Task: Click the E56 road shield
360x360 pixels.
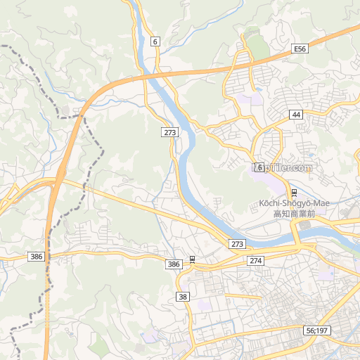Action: pyautogui.click(x=300, y=49)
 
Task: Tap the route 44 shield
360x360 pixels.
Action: pyautogui.click(x=296, y=114)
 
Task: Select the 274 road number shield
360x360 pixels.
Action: pyautogui.click(x=255, y=260)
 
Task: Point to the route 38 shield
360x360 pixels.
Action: pyautogui.click(x=184, y=297)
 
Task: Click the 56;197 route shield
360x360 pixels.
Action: pyautogui.click(x=317, y=330)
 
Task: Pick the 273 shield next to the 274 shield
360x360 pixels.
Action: pyautogui.click(x=237, y=244)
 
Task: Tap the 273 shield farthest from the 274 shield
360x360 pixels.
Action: pyautogui.click(x=169, y=132)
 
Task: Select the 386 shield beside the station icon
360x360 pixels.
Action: pyautogui.click(x=174, y=264)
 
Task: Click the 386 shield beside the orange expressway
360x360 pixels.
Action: pyautogui.click(x=37, y=257)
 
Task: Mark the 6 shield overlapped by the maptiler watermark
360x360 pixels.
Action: pyautogui.click(x=259, y=167)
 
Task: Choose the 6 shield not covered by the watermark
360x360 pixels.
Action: pyautogui.click(x=155, y=41)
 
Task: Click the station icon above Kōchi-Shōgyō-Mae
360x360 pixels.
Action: pyautogui.click(x=293, y=193)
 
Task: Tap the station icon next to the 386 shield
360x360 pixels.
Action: pyautogui.click(x=192, y=260)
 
